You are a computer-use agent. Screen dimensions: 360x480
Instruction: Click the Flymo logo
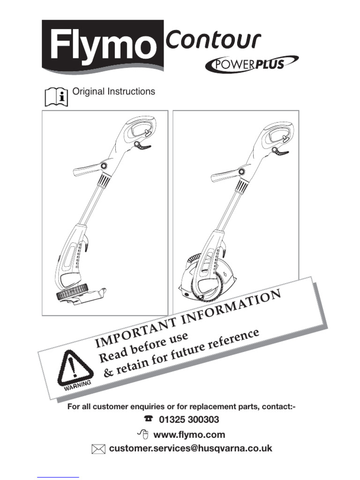click(103, 46)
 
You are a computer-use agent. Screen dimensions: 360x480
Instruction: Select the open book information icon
click(56, 97)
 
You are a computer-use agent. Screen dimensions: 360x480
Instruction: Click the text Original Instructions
click(113, 91)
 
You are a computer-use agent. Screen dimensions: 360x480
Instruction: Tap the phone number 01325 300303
click(189, 420)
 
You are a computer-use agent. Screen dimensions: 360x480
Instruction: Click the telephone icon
click(149, 419)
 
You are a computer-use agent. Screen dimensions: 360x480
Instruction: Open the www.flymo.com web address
click(189, 435)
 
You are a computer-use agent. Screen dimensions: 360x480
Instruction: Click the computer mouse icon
click(143, 434)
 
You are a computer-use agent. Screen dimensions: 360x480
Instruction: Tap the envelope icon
click(98, 449)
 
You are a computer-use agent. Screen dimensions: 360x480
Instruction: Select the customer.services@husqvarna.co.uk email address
click(190, 449)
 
